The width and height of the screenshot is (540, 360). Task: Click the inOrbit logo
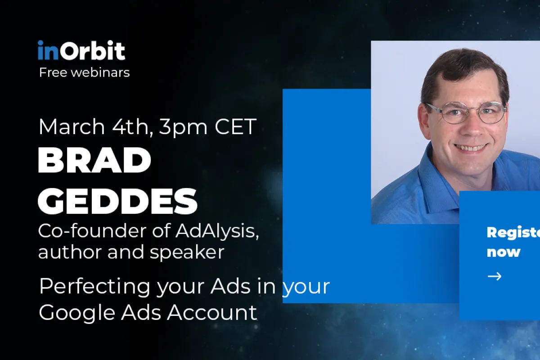point(81,51)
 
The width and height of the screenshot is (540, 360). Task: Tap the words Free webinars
point(84,72)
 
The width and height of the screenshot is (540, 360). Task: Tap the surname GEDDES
point(118,201)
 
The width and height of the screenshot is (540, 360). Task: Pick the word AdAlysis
point(216,231)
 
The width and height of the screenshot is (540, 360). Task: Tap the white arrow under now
point(494,276)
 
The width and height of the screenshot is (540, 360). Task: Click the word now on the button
point(503,252)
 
